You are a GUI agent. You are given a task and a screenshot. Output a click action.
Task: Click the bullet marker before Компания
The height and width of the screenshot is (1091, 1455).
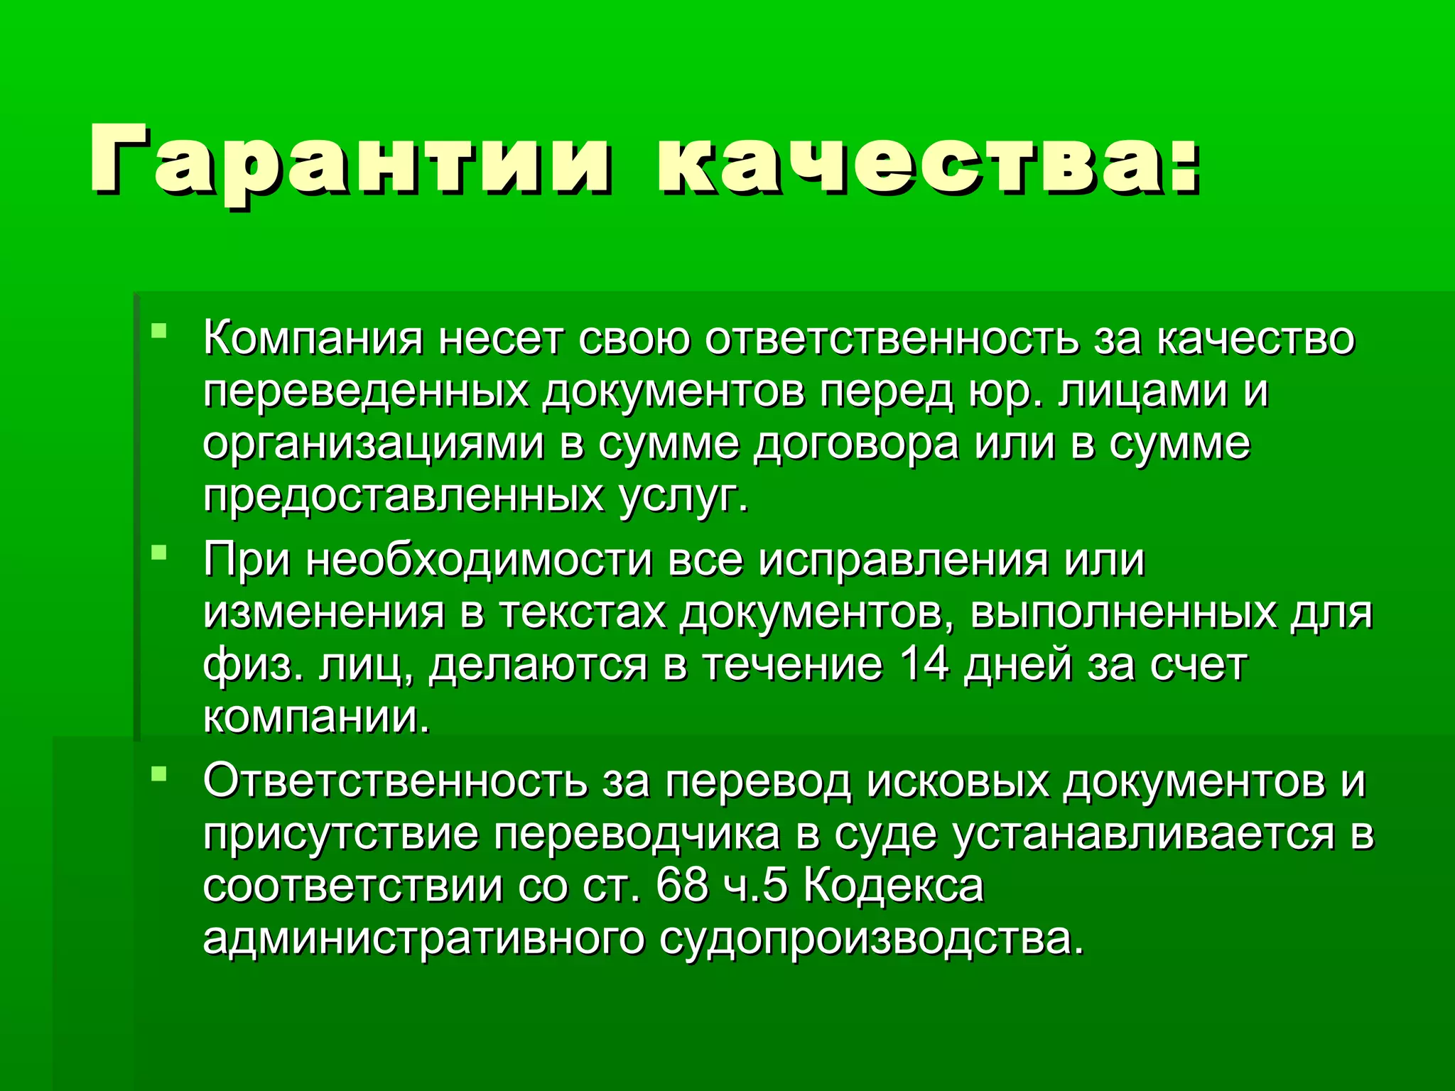[159, 330]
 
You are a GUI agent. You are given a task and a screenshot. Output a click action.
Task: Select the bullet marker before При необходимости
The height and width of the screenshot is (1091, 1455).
[159, 551]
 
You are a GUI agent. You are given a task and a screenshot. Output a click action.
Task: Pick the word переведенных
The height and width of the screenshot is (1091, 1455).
[366, 391]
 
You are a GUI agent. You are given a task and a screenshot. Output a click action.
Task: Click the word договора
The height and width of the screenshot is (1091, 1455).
[856, 445]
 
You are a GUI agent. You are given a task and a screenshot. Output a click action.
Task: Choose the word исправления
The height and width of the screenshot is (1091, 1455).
[902, 560]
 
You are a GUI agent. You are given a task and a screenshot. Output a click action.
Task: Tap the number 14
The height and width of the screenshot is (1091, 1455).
[924, 665]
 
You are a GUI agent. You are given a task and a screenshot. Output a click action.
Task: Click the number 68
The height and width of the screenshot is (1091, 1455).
[682, 885]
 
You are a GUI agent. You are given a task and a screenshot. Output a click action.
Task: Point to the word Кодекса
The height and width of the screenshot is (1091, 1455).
[894, 886]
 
